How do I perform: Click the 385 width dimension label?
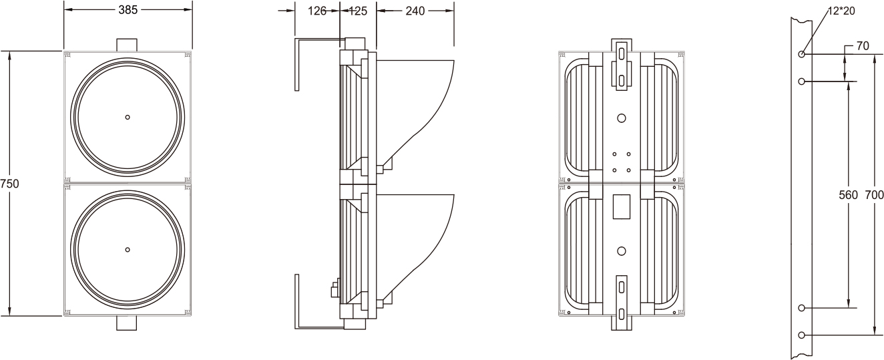coord(128,10)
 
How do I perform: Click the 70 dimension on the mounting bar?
coord(861,46)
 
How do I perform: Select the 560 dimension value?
coord(848,195)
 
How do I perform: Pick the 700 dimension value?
coord(874,195)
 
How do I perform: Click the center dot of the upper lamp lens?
coord(128,117)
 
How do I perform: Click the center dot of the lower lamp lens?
coord(128,249)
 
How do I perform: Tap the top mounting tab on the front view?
coord(127,44)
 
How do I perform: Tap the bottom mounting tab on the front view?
coord(127,323)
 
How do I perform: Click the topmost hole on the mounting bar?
coord(801,54)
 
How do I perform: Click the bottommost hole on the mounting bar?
coord(801,335)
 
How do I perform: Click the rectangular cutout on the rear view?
coord(621,206)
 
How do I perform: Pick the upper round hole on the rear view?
coord(621,118)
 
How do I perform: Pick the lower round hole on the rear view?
coord(621,251)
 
